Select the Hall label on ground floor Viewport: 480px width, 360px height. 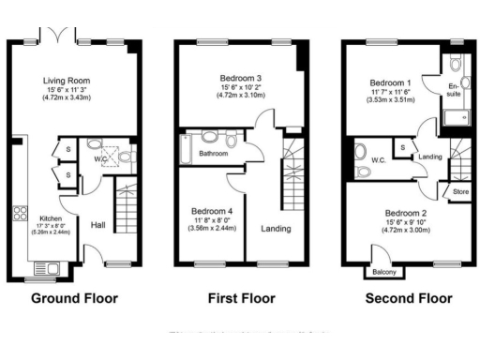click(98, 225)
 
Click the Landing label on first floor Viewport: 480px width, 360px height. click(276, 229)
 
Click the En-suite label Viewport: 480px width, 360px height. click(453, 91)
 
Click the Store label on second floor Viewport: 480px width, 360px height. click(459, 192)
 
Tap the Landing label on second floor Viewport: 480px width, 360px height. click(430, 157)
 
